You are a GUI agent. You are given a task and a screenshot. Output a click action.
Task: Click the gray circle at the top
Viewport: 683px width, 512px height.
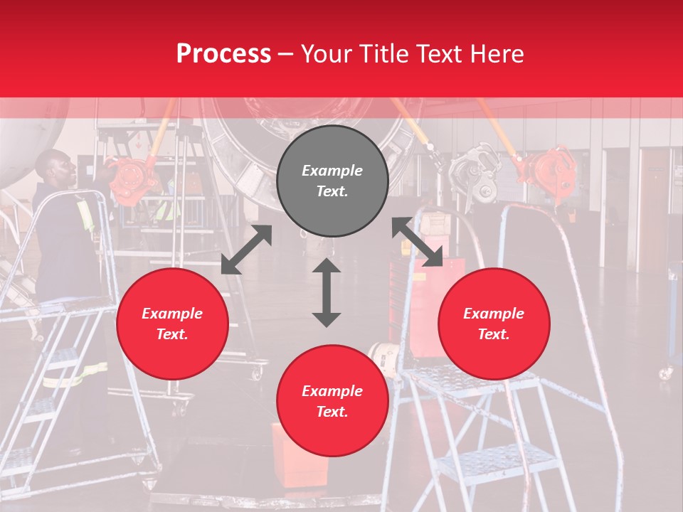click(332, 181)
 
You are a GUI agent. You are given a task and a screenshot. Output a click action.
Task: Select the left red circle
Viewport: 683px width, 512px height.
click(172, 324)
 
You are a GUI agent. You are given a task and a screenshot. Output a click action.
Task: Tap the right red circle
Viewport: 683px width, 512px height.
click(494, 324)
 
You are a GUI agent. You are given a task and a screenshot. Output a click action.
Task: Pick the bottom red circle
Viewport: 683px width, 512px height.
click(332, 401)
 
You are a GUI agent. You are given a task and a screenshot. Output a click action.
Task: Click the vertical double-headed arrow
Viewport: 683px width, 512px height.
click(327, 292)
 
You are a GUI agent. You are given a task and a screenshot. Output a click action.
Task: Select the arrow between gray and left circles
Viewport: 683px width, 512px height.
click(246, 250)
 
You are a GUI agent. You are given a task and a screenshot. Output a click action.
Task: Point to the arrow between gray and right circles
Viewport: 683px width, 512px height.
click(418, 242)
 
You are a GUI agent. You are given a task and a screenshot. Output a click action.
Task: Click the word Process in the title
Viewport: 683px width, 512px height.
click(223, 53)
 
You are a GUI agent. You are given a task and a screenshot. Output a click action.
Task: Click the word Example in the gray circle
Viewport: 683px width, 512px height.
click(332, 171)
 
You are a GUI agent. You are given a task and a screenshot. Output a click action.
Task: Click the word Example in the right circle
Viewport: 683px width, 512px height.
click(494, 314)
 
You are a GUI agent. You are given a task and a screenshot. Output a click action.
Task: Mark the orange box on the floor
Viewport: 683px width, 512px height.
click(299, 455)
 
